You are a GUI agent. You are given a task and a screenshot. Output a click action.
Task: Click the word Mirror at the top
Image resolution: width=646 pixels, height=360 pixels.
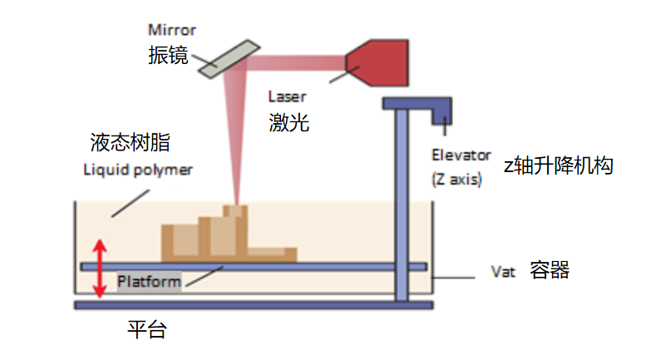173,30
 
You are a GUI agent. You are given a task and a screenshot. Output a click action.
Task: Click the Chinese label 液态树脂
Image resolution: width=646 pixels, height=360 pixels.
130,142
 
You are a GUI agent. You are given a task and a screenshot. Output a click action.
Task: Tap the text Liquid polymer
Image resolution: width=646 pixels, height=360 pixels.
138,170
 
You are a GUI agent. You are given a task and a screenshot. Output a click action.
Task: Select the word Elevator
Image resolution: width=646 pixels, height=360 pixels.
456,155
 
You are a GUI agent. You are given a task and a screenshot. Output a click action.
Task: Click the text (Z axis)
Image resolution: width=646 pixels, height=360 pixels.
456,177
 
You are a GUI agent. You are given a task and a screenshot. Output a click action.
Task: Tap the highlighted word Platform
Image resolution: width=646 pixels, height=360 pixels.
149,282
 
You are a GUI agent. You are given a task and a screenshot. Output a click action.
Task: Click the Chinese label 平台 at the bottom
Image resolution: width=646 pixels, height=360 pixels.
146,329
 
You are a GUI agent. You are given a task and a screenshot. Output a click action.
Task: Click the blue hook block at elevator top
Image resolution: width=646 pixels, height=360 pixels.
440,111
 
